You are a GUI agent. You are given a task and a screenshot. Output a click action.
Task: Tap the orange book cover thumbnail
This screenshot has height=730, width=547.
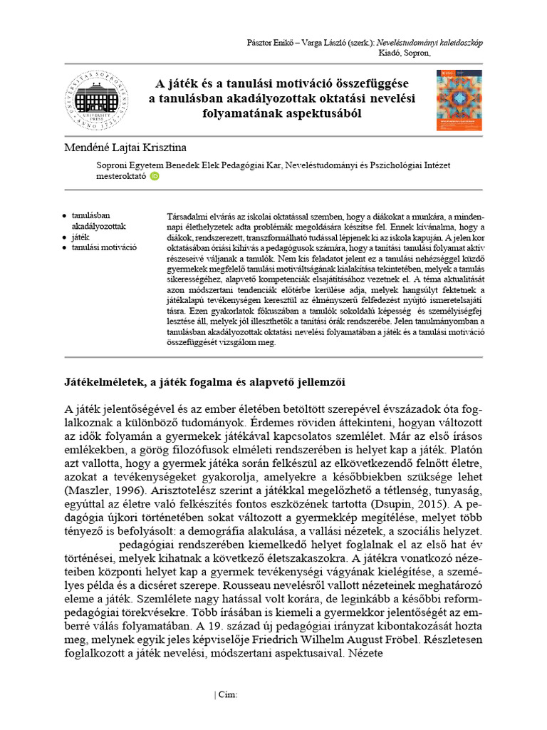click(459, 100)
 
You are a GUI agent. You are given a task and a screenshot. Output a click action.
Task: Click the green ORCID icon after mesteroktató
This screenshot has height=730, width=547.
click(155, 178)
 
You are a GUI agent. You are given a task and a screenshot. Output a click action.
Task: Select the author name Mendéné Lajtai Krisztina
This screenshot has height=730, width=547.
click(125, 148)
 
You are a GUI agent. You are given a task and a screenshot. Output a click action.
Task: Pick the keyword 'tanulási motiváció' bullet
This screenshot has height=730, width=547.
click(104, 247)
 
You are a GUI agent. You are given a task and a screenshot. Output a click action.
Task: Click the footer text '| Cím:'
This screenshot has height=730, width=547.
click(226, 695)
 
